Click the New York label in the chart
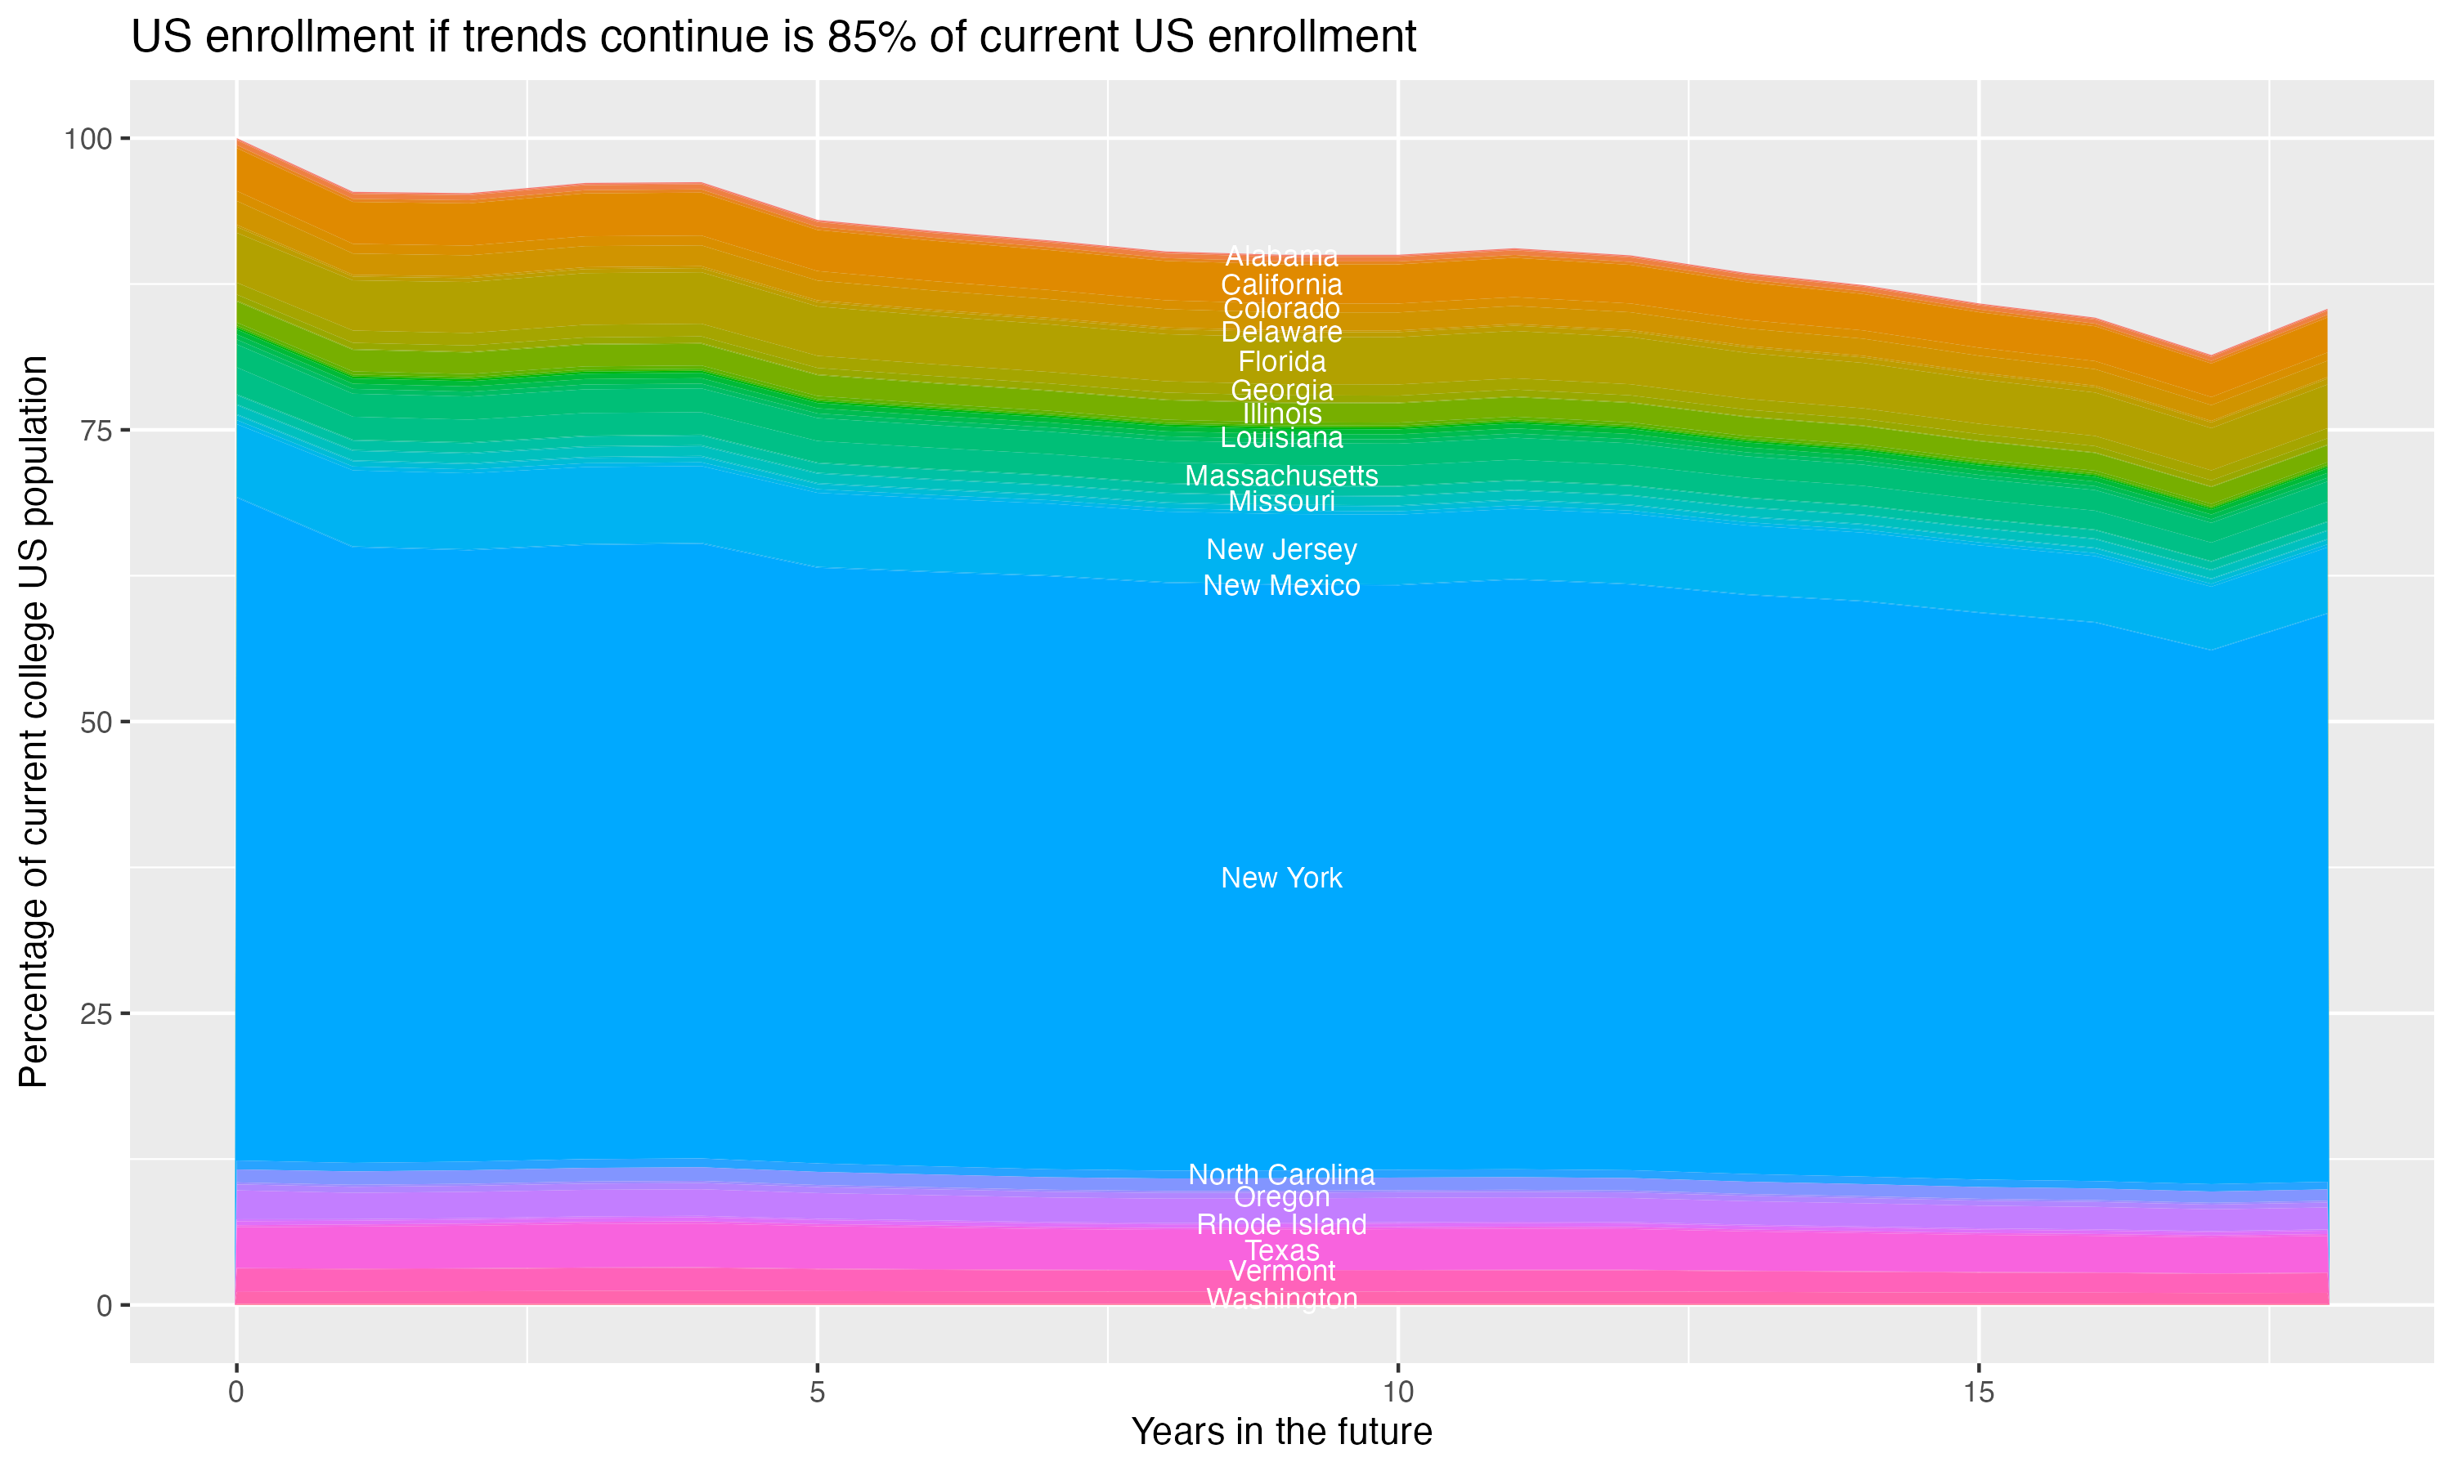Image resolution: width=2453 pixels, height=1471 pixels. [x=1281, y=879]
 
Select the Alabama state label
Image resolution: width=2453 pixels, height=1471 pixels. [x=1281, y=257]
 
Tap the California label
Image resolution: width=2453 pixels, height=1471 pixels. [x=1281, y=285]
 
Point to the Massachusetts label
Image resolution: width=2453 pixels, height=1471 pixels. [x=1281, y=476]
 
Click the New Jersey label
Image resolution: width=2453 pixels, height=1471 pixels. [x=1281, y=549]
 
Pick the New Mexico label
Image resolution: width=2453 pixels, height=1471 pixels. [x=1281, y=586]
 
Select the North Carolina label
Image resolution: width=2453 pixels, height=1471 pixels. [x=1281, y=1174]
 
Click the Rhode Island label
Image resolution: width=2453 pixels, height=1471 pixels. [x=1281, y=1224]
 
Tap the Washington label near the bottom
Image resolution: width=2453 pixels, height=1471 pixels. [x=1281, y=1299]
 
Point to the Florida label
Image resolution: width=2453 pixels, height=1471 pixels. [x=1281, y=362]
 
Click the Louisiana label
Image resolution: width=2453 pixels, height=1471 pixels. [x=1281, y=438]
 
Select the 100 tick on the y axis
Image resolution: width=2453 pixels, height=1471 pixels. [x=87, y=139]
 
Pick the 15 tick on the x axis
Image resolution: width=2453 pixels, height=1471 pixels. [x=1978, y=1393]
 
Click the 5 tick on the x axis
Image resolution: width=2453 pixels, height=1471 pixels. [x=817, y=1393]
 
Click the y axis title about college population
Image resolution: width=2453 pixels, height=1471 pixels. [x=34, y=722]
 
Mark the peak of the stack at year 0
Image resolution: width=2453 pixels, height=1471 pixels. [x=237, y=140]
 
